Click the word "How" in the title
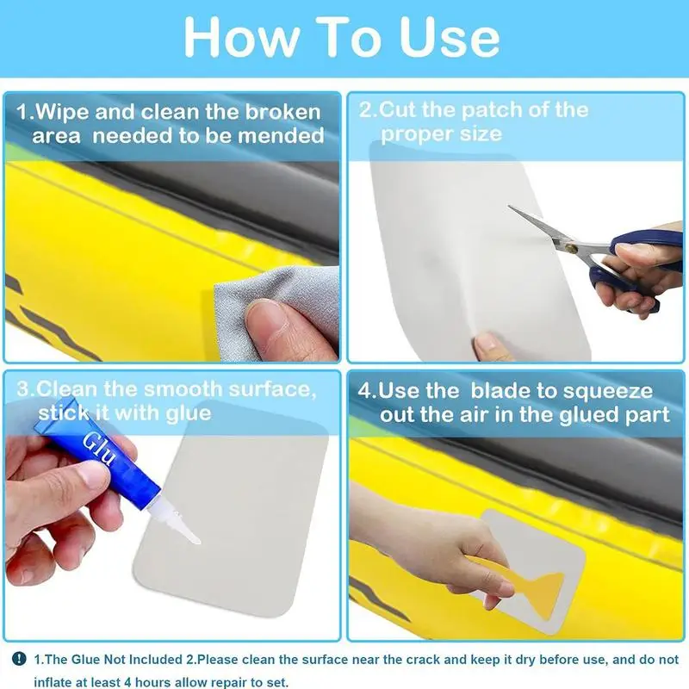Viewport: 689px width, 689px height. (x=241, y=37)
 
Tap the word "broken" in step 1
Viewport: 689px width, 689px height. (x=283, y=113)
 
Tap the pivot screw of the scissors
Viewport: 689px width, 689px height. (x=572, y=249)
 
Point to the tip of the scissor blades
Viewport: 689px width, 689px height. (x=510, y=206)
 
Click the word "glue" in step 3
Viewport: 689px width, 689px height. (x=189, y=414)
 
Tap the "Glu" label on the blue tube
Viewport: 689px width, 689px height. (x=99, y=448)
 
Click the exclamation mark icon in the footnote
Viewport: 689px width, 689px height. (x=19, y=658)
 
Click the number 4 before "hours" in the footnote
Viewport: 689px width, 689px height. (x=127, y=682)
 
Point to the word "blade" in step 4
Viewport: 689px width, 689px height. (x=500, y=391)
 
